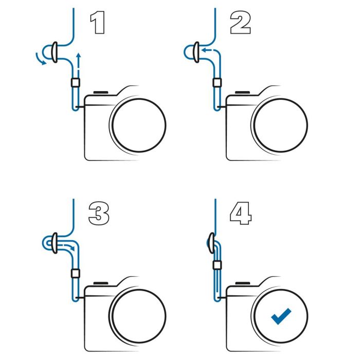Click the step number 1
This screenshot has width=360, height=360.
(98, 23)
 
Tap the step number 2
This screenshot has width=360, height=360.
(240, 23)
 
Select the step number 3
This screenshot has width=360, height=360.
(99, 213)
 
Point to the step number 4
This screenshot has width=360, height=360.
(241, 213)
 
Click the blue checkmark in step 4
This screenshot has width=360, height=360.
(281, 316)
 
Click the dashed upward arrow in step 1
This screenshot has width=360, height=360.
(79, 60)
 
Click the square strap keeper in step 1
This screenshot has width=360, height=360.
(75, 83)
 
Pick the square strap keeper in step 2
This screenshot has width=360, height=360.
(217, 83)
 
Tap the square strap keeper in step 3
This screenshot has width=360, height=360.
(75, 274)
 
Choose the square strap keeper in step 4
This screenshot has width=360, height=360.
(217, 265)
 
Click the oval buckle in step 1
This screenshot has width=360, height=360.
(55, 52)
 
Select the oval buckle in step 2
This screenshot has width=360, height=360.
(196, 52)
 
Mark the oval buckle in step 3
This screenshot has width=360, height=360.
(55, 243)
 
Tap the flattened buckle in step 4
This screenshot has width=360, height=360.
(211, 243)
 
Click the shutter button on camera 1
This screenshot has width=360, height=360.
(101, 92)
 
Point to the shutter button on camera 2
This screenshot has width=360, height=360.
(242, 92)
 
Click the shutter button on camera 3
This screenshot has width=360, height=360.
(101, 283)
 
